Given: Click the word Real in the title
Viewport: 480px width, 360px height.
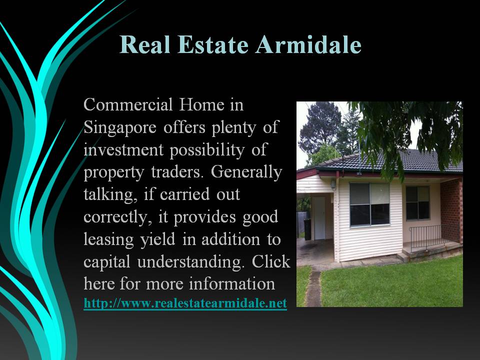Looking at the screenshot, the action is tap(145, 44).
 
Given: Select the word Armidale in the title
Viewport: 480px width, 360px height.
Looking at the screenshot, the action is tap(308, 44).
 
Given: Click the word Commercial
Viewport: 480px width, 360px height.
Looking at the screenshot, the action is tap(128, 104).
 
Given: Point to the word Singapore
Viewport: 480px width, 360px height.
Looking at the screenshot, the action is tap(120, 127).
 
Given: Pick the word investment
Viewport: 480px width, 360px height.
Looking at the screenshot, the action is tap(123, 149).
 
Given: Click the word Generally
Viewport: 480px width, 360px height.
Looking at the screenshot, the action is tap(246, 172).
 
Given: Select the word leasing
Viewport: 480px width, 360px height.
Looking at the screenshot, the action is tap(108, 239).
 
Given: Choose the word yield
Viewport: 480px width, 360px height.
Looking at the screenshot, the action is tap(157, 239).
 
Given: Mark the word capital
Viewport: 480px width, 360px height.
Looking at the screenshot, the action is tap(107, 262).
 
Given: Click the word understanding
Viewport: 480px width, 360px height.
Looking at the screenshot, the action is tap(191, 262).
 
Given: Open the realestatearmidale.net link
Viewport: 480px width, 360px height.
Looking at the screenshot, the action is tap(185, 303).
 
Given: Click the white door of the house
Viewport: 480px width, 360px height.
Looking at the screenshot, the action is tap(319, 218).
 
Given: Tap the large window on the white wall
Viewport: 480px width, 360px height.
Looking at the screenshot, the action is tap(369, 204).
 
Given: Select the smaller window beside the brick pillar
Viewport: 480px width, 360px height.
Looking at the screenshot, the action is tap(418, 202).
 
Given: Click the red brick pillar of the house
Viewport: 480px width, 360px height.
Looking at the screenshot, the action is tap(451, 210).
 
